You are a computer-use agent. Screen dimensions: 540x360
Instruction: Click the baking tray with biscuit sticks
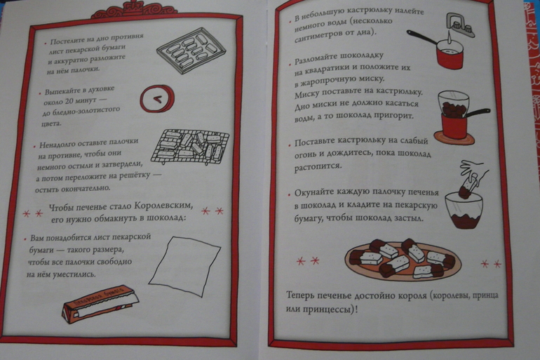(191, 51)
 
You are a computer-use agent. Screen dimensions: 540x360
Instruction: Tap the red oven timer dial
(156, 99)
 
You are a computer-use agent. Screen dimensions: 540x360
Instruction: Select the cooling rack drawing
(190, 147)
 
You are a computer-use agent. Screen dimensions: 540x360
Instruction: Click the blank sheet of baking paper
(184, 266)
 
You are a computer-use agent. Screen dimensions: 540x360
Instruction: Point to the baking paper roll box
(100, 305)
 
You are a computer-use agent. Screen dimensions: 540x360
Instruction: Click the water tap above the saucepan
(460, 25)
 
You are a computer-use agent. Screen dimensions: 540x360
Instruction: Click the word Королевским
(163, 206)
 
